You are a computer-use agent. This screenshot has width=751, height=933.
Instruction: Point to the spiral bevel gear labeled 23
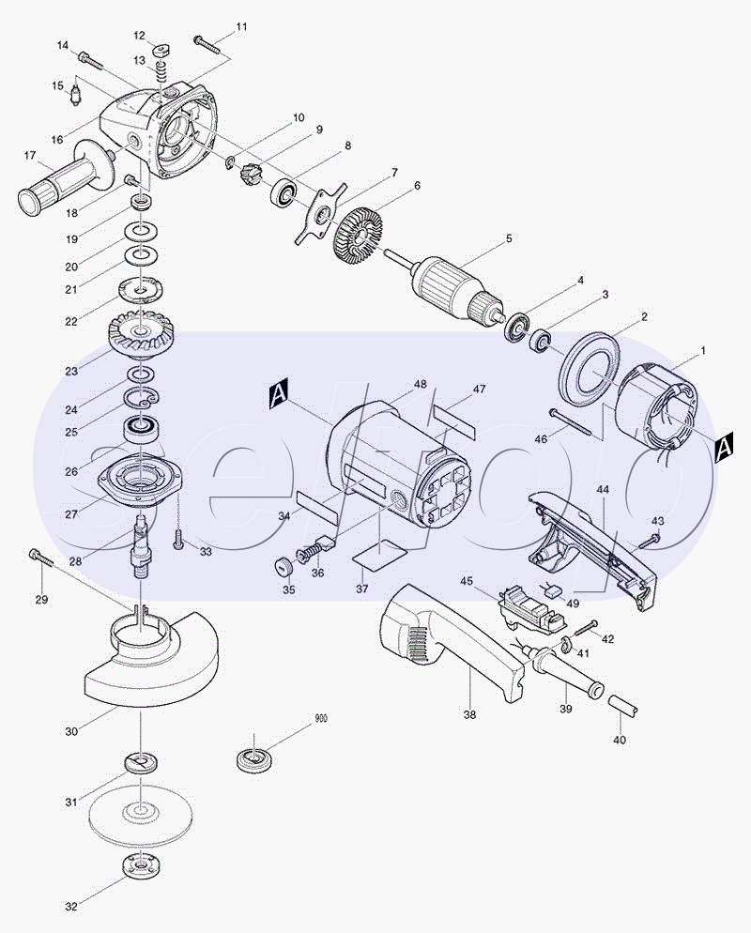(x=141, y=334)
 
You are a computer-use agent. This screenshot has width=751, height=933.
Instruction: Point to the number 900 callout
(x=321, y=719)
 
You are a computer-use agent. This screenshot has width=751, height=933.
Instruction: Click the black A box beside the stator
(x=724, y=447)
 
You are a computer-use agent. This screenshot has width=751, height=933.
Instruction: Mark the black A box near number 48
(x=279, y=395)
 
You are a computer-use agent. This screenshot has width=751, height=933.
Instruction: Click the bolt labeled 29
(x=40, y=558)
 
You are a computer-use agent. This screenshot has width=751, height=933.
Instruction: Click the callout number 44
(x=603, y=489)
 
